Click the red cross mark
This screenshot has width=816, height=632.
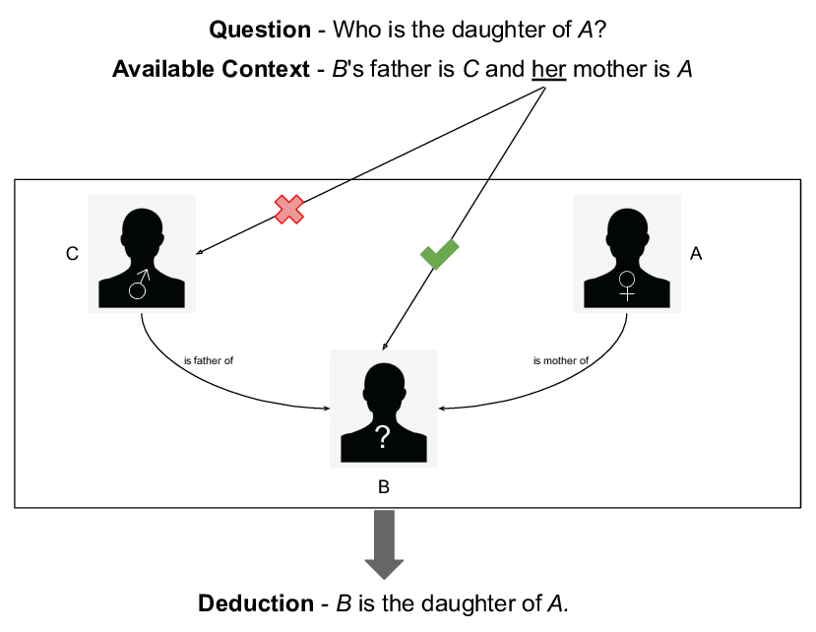(288, 209)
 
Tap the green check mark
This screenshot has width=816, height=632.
(440, 254)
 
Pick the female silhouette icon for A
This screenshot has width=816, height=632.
(626, 254)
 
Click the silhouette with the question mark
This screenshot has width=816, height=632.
(383, 408)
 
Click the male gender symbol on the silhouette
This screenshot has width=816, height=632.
(141, 284)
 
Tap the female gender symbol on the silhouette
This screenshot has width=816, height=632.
(626, 285)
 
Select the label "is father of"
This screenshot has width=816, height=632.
(209, 360)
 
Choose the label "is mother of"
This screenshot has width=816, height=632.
(561, 360)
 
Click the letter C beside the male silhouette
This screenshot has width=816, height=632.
(72, 254)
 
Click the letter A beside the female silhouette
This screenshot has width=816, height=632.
(696, 254)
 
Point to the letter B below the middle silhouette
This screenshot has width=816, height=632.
(384, 486)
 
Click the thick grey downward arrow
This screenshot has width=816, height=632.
(384, 544)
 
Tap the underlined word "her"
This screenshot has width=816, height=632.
(548, 70)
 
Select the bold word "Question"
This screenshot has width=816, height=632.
(260, 30)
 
